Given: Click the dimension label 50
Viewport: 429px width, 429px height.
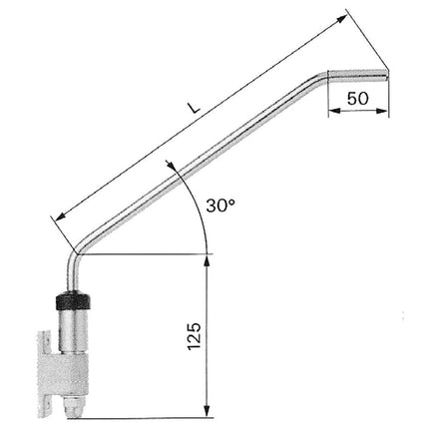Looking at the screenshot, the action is pyautogui.click(x=358, y=99).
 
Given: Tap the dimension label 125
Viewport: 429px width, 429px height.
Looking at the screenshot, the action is pyautogui.click(x=195, y=336).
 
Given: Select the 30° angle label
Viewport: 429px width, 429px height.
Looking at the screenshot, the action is pyautogui.click(x=220, y=206).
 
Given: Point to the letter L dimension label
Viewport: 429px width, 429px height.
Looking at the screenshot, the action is pyautogui.click(x=194, y=108).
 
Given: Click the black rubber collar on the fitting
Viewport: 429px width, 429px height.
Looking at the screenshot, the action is pyautogui.click(x=73, y=300).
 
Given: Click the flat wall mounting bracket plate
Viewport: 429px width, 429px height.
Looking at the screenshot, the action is pyautogui.click(x=43, y=374).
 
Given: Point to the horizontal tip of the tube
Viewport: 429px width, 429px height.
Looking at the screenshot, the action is pyautogui.click(x=357, y=75).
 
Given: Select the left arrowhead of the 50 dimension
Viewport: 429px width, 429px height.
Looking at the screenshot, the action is pyautogui.click(x=333, y=112).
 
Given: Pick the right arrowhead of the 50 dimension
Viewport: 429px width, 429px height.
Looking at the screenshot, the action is pyautogui.click(x=383, y=112).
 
